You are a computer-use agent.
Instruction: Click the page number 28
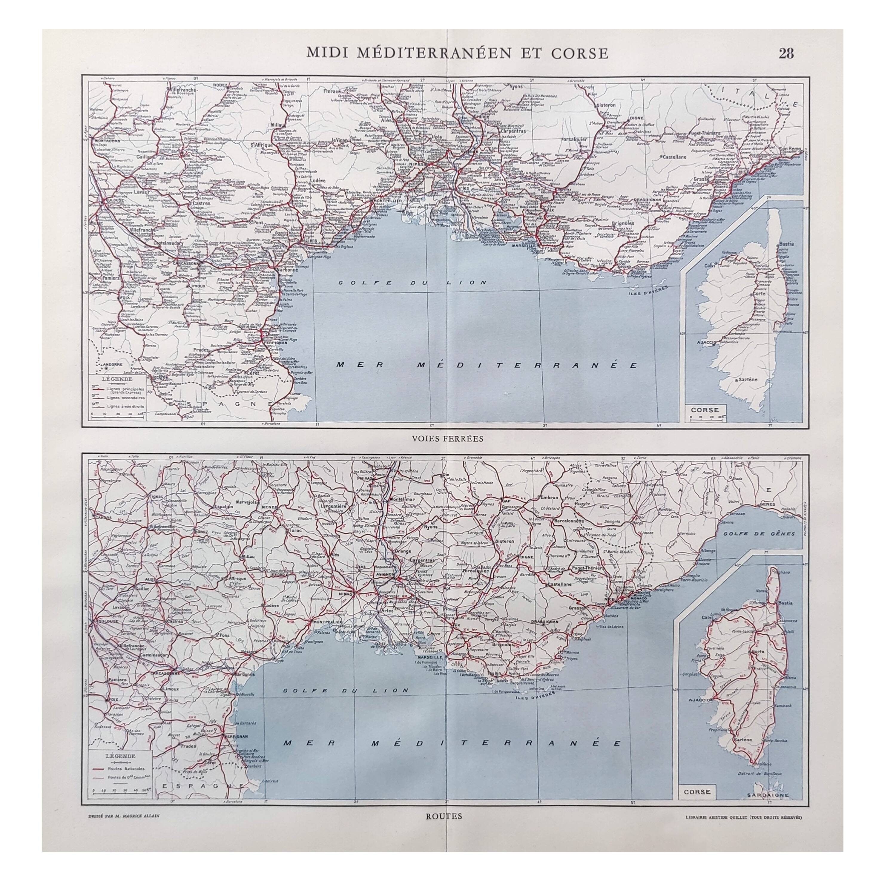pos(786,54)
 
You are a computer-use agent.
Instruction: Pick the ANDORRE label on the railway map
pos(112,364)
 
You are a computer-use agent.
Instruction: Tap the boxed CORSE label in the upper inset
pos(705,410)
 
